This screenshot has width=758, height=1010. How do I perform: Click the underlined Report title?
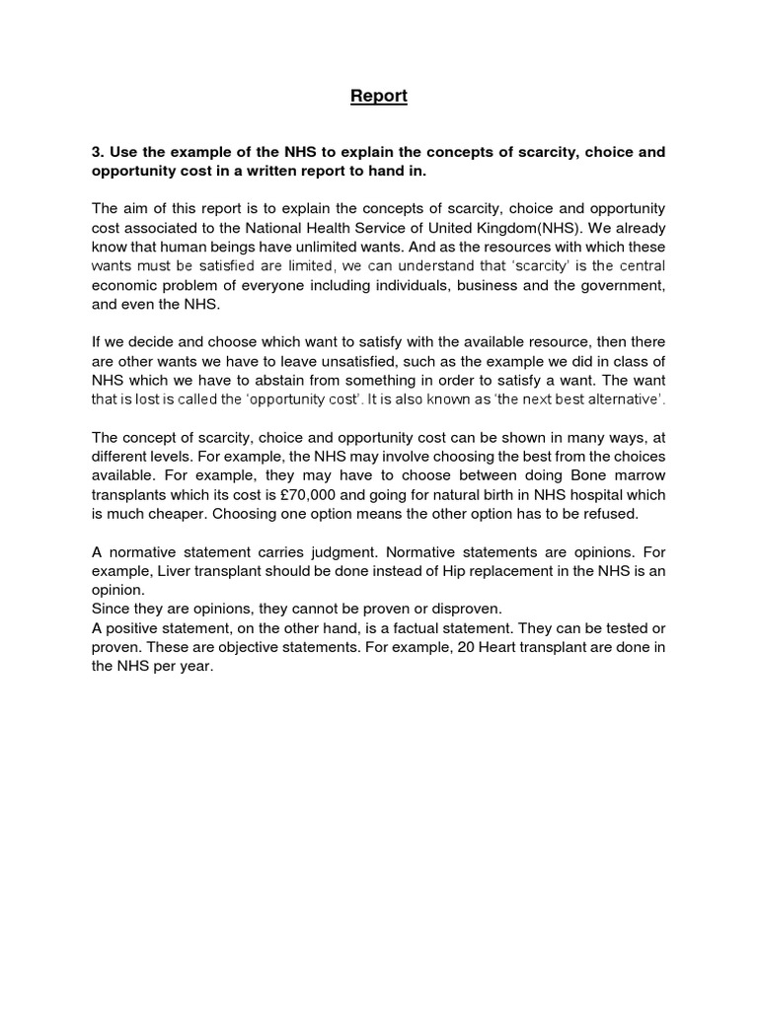379,96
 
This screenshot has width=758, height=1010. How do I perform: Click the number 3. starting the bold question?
98,152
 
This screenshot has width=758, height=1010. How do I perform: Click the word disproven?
443,608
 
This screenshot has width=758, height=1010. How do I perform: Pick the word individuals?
414,285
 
